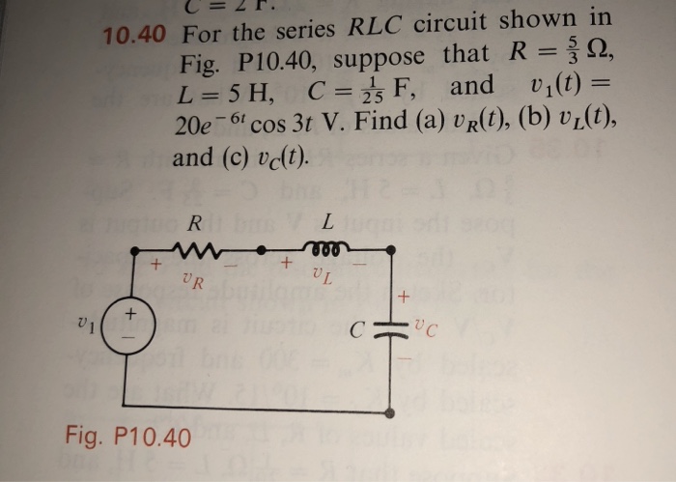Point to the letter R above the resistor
pos(195,223)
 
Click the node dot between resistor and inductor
pos(263,252)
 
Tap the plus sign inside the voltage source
pos(133,315)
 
